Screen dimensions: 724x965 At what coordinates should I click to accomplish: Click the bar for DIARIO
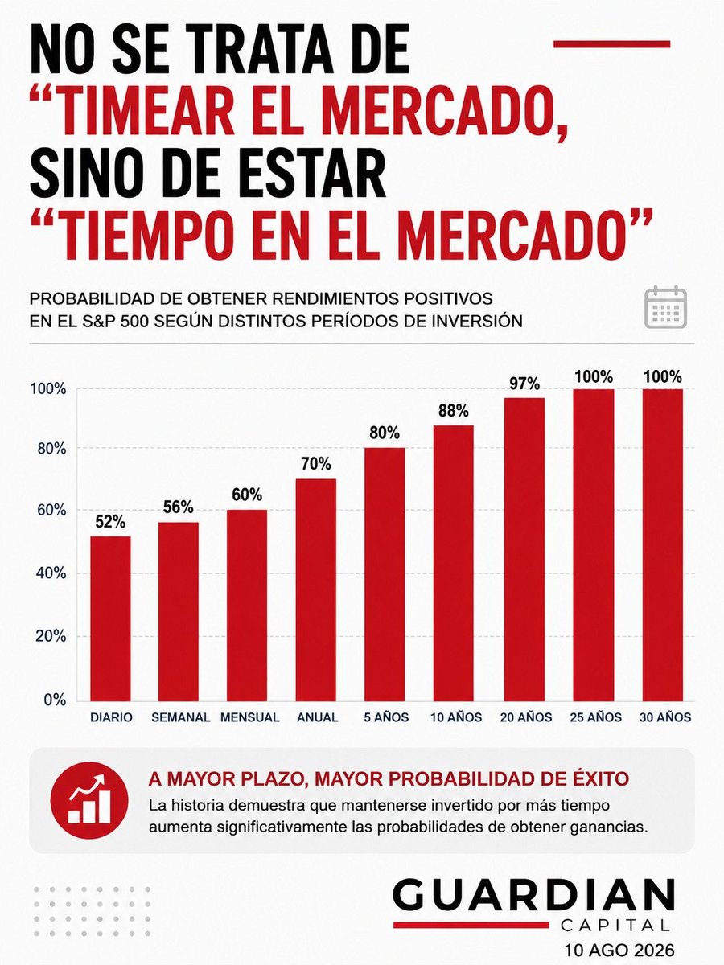click(x=110, y=618)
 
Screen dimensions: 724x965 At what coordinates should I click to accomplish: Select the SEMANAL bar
click(x=179, y=611)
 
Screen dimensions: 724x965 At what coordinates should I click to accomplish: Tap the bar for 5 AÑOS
click(x=385, y=574)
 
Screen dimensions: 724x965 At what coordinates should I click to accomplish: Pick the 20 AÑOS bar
click(x=524, y=549)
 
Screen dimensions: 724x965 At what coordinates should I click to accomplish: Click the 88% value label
click(x=453, y=411)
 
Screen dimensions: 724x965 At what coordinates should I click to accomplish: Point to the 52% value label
click(x=110, y=522)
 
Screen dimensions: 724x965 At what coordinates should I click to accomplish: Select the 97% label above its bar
click(x=524, y=384)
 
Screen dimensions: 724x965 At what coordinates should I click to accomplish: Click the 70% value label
click(x=315, y=464)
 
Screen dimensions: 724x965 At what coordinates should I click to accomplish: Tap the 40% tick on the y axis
click(x=51, y=573)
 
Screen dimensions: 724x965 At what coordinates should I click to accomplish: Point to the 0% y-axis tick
click(x=55, y=700)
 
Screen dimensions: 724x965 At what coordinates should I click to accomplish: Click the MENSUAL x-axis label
click(x=249, y=717)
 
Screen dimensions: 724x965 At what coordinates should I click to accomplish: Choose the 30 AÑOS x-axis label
click(x=665, y=717)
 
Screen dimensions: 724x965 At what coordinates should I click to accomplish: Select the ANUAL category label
click(x=318, y=717)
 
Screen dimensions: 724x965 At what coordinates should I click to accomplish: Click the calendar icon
click(x=665, y=307)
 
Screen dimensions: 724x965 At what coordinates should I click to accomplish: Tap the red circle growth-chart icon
click(x=89, y=801)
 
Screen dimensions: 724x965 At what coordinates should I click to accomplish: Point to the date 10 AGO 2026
click(x=619, y=950)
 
